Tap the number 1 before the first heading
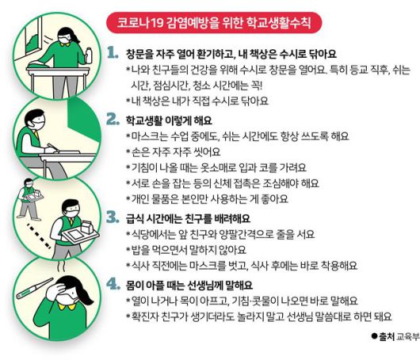click(x=113, y=53)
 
